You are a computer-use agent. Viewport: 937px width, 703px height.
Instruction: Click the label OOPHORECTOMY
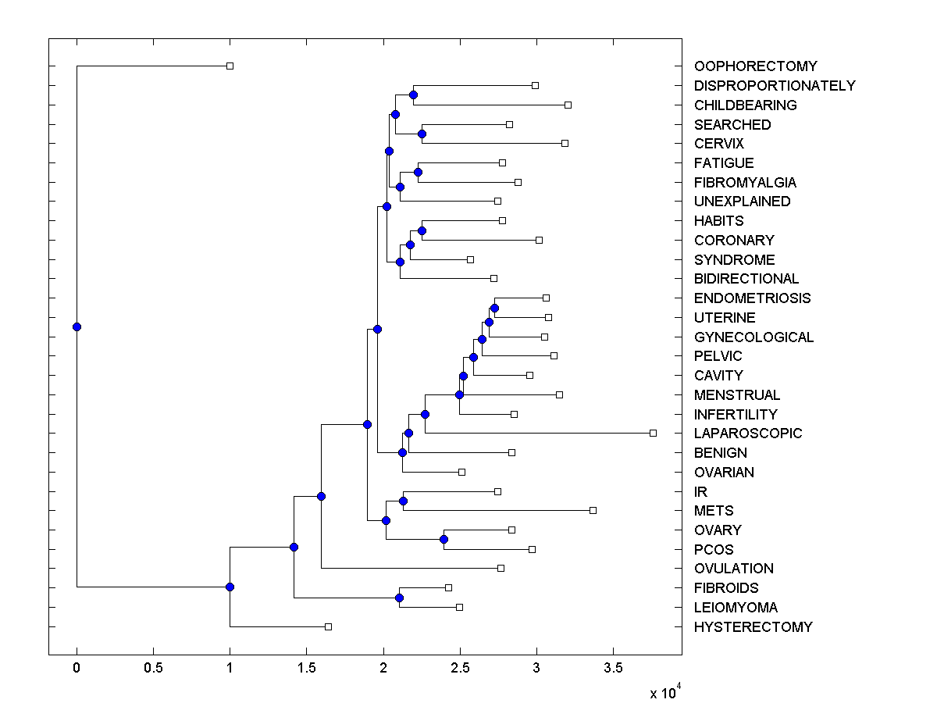(755, 66)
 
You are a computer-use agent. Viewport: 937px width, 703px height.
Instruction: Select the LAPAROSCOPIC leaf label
(747, 434)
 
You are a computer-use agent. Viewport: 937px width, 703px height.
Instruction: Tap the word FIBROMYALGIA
(745, 183)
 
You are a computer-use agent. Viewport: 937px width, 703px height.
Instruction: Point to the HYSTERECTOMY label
(753, 627)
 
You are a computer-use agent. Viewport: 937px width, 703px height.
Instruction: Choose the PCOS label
(714, 550)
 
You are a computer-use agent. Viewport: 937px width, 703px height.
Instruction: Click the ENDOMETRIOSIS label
(752, 298)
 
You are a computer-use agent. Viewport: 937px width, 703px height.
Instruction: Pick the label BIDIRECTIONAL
(746, 279)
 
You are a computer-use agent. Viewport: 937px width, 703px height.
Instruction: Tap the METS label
(714, 511)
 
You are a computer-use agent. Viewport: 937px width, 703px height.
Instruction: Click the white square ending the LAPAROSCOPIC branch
(654, 433)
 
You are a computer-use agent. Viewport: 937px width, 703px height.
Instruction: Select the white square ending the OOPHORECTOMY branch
(230, 66)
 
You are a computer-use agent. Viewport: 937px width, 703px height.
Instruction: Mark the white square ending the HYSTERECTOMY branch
(328, 626)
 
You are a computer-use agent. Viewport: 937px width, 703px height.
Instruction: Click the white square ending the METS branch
(593, 510)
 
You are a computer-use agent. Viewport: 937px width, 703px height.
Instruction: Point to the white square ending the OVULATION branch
(501, 568)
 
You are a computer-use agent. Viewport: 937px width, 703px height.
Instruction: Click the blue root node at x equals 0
(77, 327)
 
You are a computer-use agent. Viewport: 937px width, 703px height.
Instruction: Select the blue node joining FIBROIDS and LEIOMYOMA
(399, 598)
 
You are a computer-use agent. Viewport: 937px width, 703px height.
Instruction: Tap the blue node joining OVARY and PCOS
(444, 539)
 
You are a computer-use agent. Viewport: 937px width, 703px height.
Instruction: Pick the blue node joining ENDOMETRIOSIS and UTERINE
(494, 308)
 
